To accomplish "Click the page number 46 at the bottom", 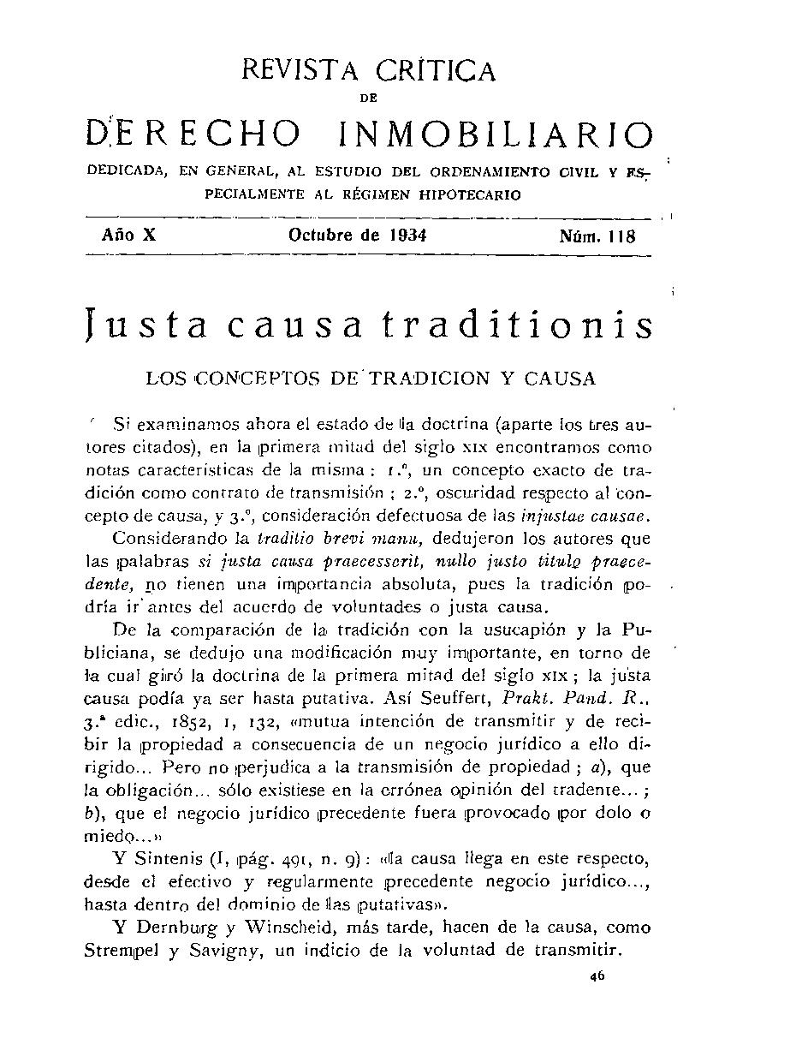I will pyautogui.click(x=597, y=984).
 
